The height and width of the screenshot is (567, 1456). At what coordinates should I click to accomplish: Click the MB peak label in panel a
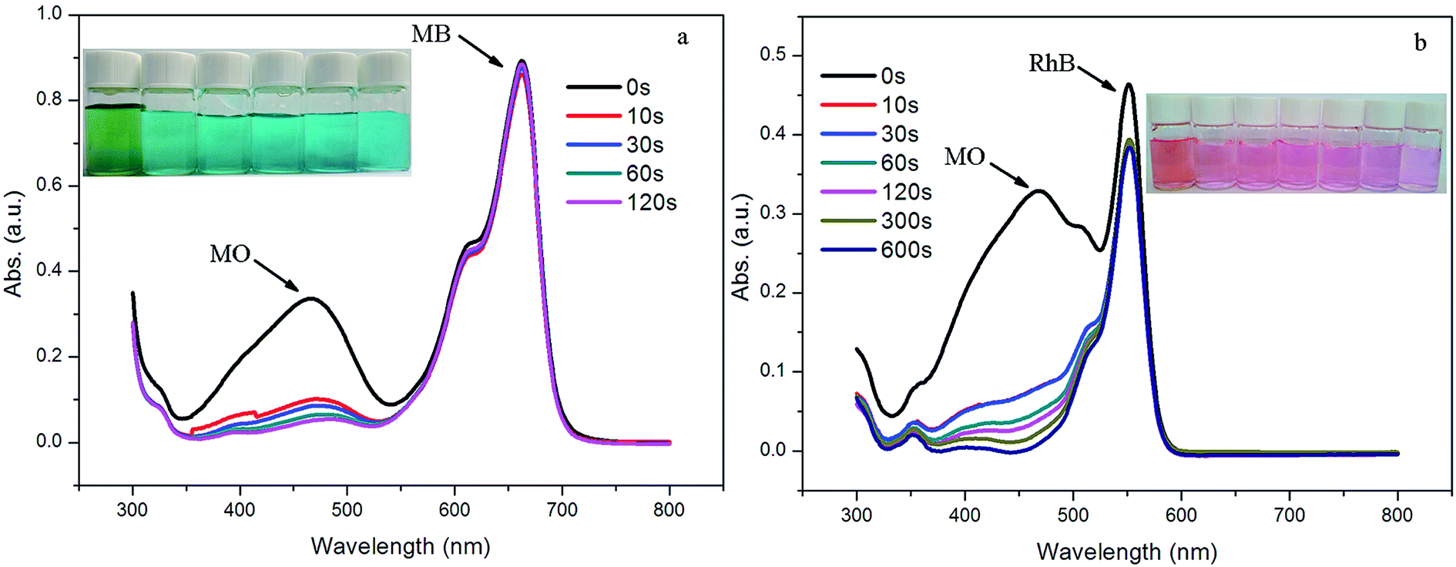coord(431,34)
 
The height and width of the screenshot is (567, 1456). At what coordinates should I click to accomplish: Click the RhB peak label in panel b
coord(1052,63)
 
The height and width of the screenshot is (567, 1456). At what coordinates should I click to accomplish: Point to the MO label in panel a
coord(230,254)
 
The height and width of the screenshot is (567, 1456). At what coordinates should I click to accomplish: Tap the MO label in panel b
coord(965,157)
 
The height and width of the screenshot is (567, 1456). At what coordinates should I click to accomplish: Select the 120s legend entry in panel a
coord(622,202)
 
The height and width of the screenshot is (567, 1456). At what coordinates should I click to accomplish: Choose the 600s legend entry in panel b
coord(877,250)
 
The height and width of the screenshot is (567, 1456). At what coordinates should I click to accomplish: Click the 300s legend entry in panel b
coord(877,221)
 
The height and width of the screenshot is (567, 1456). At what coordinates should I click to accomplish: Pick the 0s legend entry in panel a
coord(609,87)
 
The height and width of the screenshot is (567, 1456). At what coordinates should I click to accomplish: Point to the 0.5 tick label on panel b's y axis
coord(773,55)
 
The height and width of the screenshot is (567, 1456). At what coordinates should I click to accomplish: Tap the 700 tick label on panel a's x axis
coord(562,509)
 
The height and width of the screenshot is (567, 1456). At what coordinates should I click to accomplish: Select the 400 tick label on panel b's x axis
coord(965,515)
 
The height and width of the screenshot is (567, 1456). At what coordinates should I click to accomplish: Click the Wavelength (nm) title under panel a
coord(401,546)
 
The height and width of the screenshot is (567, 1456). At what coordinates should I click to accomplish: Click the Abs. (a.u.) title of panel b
coord(740,247)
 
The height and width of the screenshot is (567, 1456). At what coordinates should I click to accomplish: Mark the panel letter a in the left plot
coord(683,38)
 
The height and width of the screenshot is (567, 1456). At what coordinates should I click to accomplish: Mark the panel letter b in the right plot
coord(1421,42)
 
